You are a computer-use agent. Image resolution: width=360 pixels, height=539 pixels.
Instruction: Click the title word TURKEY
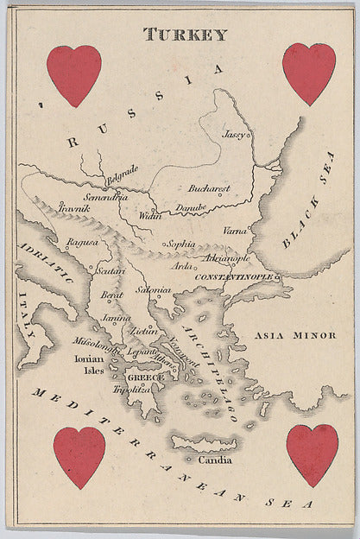(186, 35)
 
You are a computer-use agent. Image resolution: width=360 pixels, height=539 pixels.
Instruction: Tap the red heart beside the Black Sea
(308, 73)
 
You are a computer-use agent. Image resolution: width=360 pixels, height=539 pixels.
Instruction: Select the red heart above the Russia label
(73, 75)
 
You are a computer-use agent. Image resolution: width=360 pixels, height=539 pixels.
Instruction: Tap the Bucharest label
(209, 187)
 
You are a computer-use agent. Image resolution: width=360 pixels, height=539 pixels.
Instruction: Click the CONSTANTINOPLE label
(238, 276)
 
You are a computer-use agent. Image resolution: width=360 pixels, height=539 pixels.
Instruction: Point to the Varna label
(235, 231)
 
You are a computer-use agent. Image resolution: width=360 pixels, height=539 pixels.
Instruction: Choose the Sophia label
(181, 244)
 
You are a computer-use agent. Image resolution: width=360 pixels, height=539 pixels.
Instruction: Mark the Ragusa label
(82, 244)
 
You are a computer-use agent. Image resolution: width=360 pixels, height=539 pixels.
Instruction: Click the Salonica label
(153, 290)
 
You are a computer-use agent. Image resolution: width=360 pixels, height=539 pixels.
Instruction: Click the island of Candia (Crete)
(206, 443)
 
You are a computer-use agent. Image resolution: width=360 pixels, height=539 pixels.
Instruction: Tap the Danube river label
(191, 207)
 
